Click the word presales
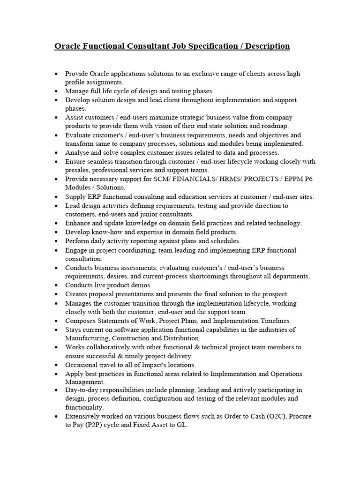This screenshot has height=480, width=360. pyautogui.click(x=78, y=170)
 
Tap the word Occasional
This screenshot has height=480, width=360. pyautogui.click(x=82, y=365)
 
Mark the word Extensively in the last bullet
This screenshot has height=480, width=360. pyautogui.click(x=83, y=416)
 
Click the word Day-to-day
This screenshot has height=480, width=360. pyautogui.click(x=82, y=390)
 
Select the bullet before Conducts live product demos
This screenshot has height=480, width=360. pyautogui.click(x=57, y=285)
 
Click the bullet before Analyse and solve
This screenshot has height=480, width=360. pyautogui.click(x=57, y=153)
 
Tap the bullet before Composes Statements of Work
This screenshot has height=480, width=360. pyautogui.click(x=57, y=321)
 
